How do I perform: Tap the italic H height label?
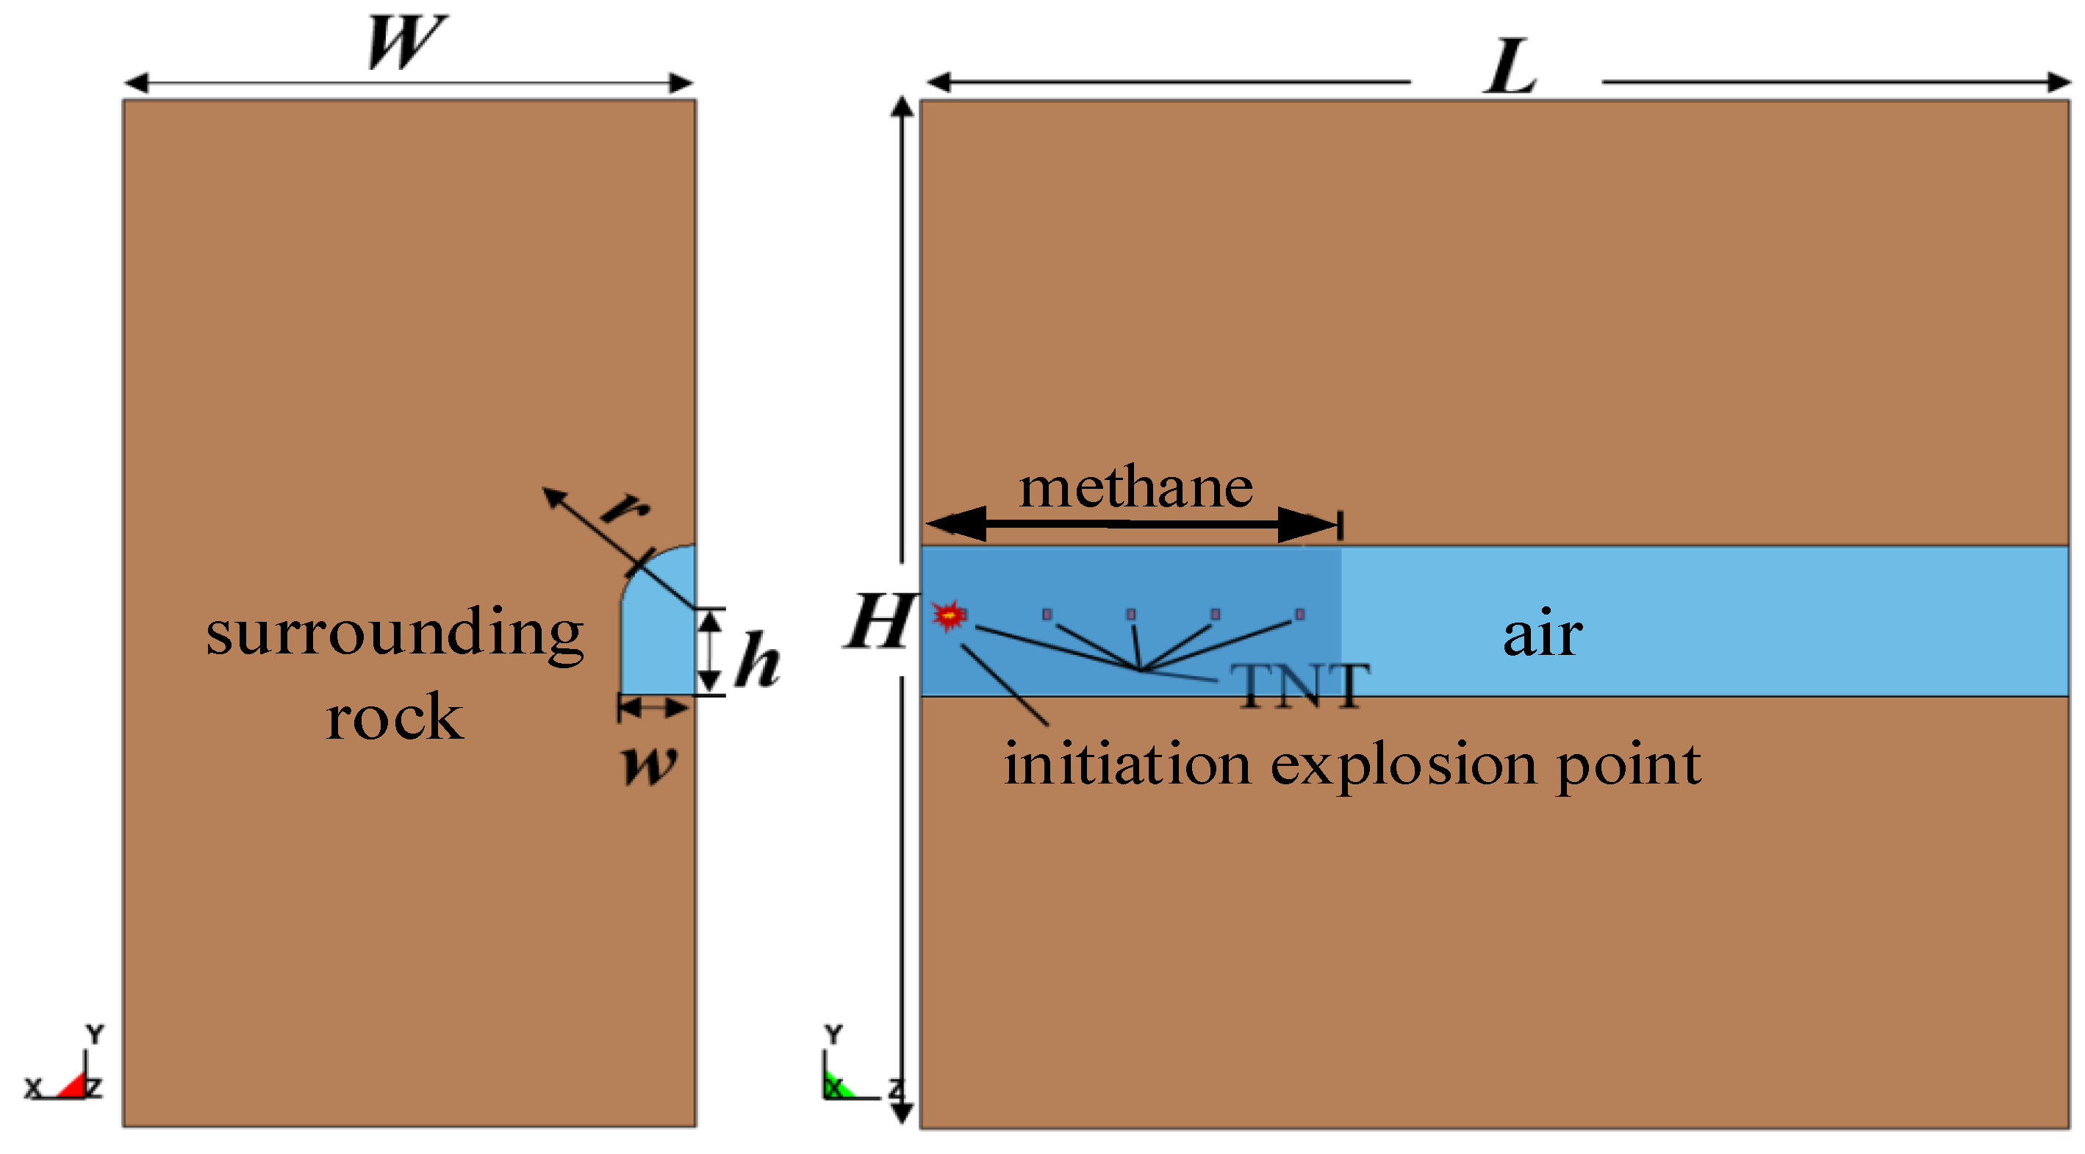879,622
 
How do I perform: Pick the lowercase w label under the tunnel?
649,764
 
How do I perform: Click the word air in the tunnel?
1542,634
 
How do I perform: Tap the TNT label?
1300,687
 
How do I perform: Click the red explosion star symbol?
949,616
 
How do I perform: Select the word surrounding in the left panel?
394,634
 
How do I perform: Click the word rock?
394,718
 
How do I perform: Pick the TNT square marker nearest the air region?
1300,614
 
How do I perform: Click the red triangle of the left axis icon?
73,1086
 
